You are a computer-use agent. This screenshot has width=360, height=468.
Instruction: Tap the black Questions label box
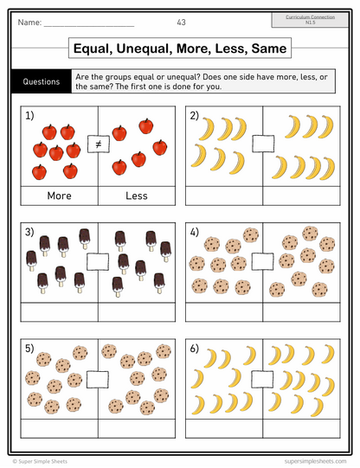(x=42, y=82)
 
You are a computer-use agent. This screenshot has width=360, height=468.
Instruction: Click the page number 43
(x=180, y=22)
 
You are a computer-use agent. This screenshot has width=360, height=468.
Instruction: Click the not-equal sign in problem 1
(x=98, y=145)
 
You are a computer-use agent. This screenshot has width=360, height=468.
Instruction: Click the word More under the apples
(x=59, y=196)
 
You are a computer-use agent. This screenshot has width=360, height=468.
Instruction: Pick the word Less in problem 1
(x=137, y=196)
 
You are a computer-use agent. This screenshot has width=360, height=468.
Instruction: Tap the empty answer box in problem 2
(x=262, y=144)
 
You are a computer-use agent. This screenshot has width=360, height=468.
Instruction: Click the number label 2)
(x=195, y=115)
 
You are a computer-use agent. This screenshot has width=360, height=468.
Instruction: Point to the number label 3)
(x=30, y=233)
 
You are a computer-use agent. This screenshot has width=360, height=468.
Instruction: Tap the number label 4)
(x=195, y=233)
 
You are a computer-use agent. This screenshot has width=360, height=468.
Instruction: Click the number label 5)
(x=30, y=349)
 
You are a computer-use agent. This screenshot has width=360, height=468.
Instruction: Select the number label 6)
(x=195, y=349)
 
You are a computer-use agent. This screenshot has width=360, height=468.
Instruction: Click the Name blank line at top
(x=82, y=23)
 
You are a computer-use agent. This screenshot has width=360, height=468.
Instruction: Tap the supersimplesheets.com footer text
(x=312, y=461)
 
